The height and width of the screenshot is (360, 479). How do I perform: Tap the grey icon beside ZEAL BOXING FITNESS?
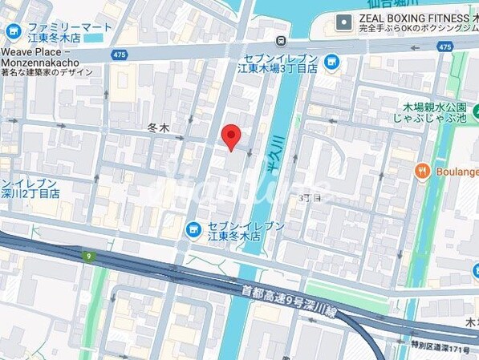(344, 21)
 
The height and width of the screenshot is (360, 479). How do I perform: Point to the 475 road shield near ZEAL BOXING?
(444, 47)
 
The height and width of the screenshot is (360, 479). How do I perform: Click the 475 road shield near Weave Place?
(120, 54)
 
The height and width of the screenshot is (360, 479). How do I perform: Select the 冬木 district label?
(158, 127)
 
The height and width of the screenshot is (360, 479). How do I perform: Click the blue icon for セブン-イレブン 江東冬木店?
(193, 230)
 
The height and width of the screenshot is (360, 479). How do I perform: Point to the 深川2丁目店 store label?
(30, 193)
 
